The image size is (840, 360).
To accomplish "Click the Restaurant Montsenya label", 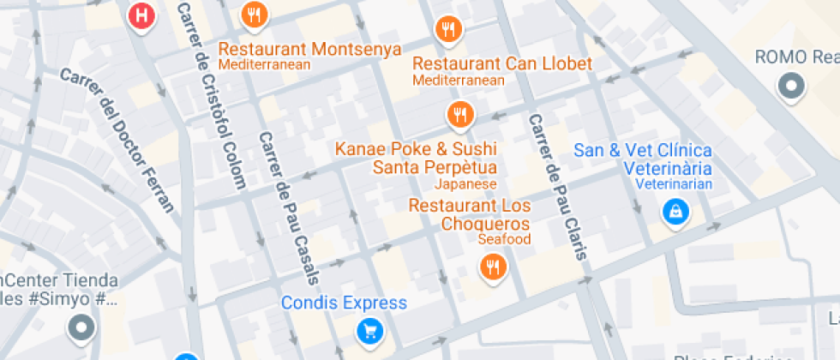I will click(309, 49).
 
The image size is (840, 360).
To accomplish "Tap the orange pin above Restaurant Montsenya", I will click(255, 15).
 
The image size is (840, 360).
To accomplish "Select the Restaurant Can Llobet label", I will click(502, 63).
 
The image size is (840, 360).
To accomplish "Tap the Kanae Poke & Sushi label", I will click(416, 149).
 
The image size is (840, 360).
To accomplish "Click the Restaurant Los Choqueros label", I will click(469, 214).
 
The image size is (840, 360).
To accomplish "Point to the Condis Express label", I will click(344, 303).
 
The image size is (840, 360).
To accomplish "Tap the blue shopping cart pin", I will click(369, 329).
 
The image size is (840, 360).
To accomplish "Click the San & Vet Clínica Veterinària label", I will click(642, 159).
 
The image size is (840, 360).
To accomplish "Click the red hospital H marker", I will click(141, 15).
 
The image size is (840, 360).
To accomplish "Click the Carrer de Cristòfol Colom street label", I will click(212, 94).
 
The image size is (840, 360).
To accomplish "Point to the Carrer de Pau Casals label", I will click(290, 208).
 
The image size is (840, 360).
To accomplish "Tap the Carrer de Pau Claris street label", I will click(557, 187).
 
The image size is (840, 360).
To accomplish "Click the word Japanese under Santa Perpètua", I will click(465, 184).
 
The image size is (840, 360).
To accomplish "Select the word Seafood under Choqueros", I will click(504, 239).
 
